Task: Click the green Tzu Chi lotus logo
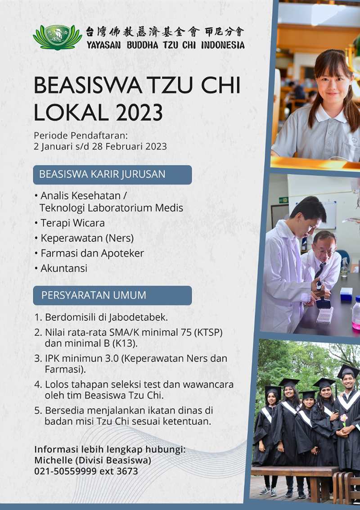[57, 37]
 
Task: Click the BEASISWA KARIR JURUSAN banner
[112, 175]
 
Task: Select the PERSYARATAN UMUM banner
[112, 295]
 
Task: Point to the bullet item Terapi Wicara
[70, 223]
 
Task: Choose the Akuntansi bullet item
[61, 268]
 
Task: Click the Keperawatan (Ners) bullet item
[84, 239]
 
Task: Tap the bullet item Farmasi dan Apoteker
[89, 253]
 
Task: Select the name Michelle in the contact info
[51, 460]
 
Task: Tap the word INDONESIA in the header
[223, 45]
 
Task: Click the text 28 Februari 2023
[130, 146]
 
